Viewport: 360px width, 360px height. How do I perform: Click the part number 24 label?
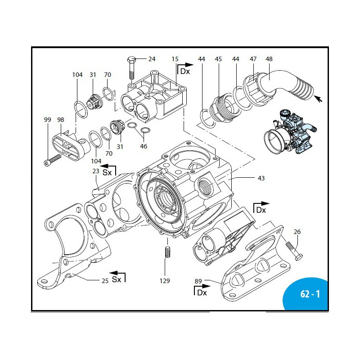[152, 59]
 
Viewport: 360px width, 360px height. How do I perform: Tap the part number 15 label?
[175, 59]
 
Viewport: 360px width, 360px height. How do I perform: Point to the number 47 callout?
[253, 59]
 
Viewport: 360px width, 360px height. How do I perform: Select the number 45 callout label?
[218, 59]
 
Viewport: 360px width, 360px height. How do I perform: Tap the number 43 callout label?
[261, 178]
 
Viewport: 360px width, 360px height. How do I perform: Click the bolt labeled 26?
[293, 250]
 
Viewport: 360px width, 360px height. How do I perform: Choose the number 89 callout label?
[198, 281]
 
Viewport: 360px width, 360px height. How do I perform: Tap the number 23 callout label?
[95, 171]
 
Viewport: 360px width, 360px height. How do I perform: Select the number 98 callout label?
[61, 120]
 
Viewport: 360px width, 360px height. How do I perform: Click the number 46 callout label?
[144, 146]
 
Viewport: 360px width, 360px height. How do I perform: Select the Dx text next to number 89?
[201, 293]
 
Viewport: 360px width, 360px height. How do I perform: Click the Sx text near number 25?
[117, 279]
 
